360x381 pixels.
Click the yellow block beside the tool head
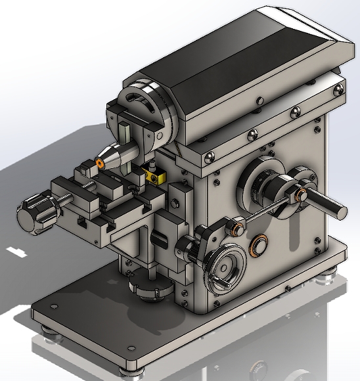tap(155, 175)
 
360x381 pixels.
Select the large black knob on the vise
tap(33, 215)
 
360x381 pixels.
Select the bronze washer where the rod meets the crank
tap(302, 195)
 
